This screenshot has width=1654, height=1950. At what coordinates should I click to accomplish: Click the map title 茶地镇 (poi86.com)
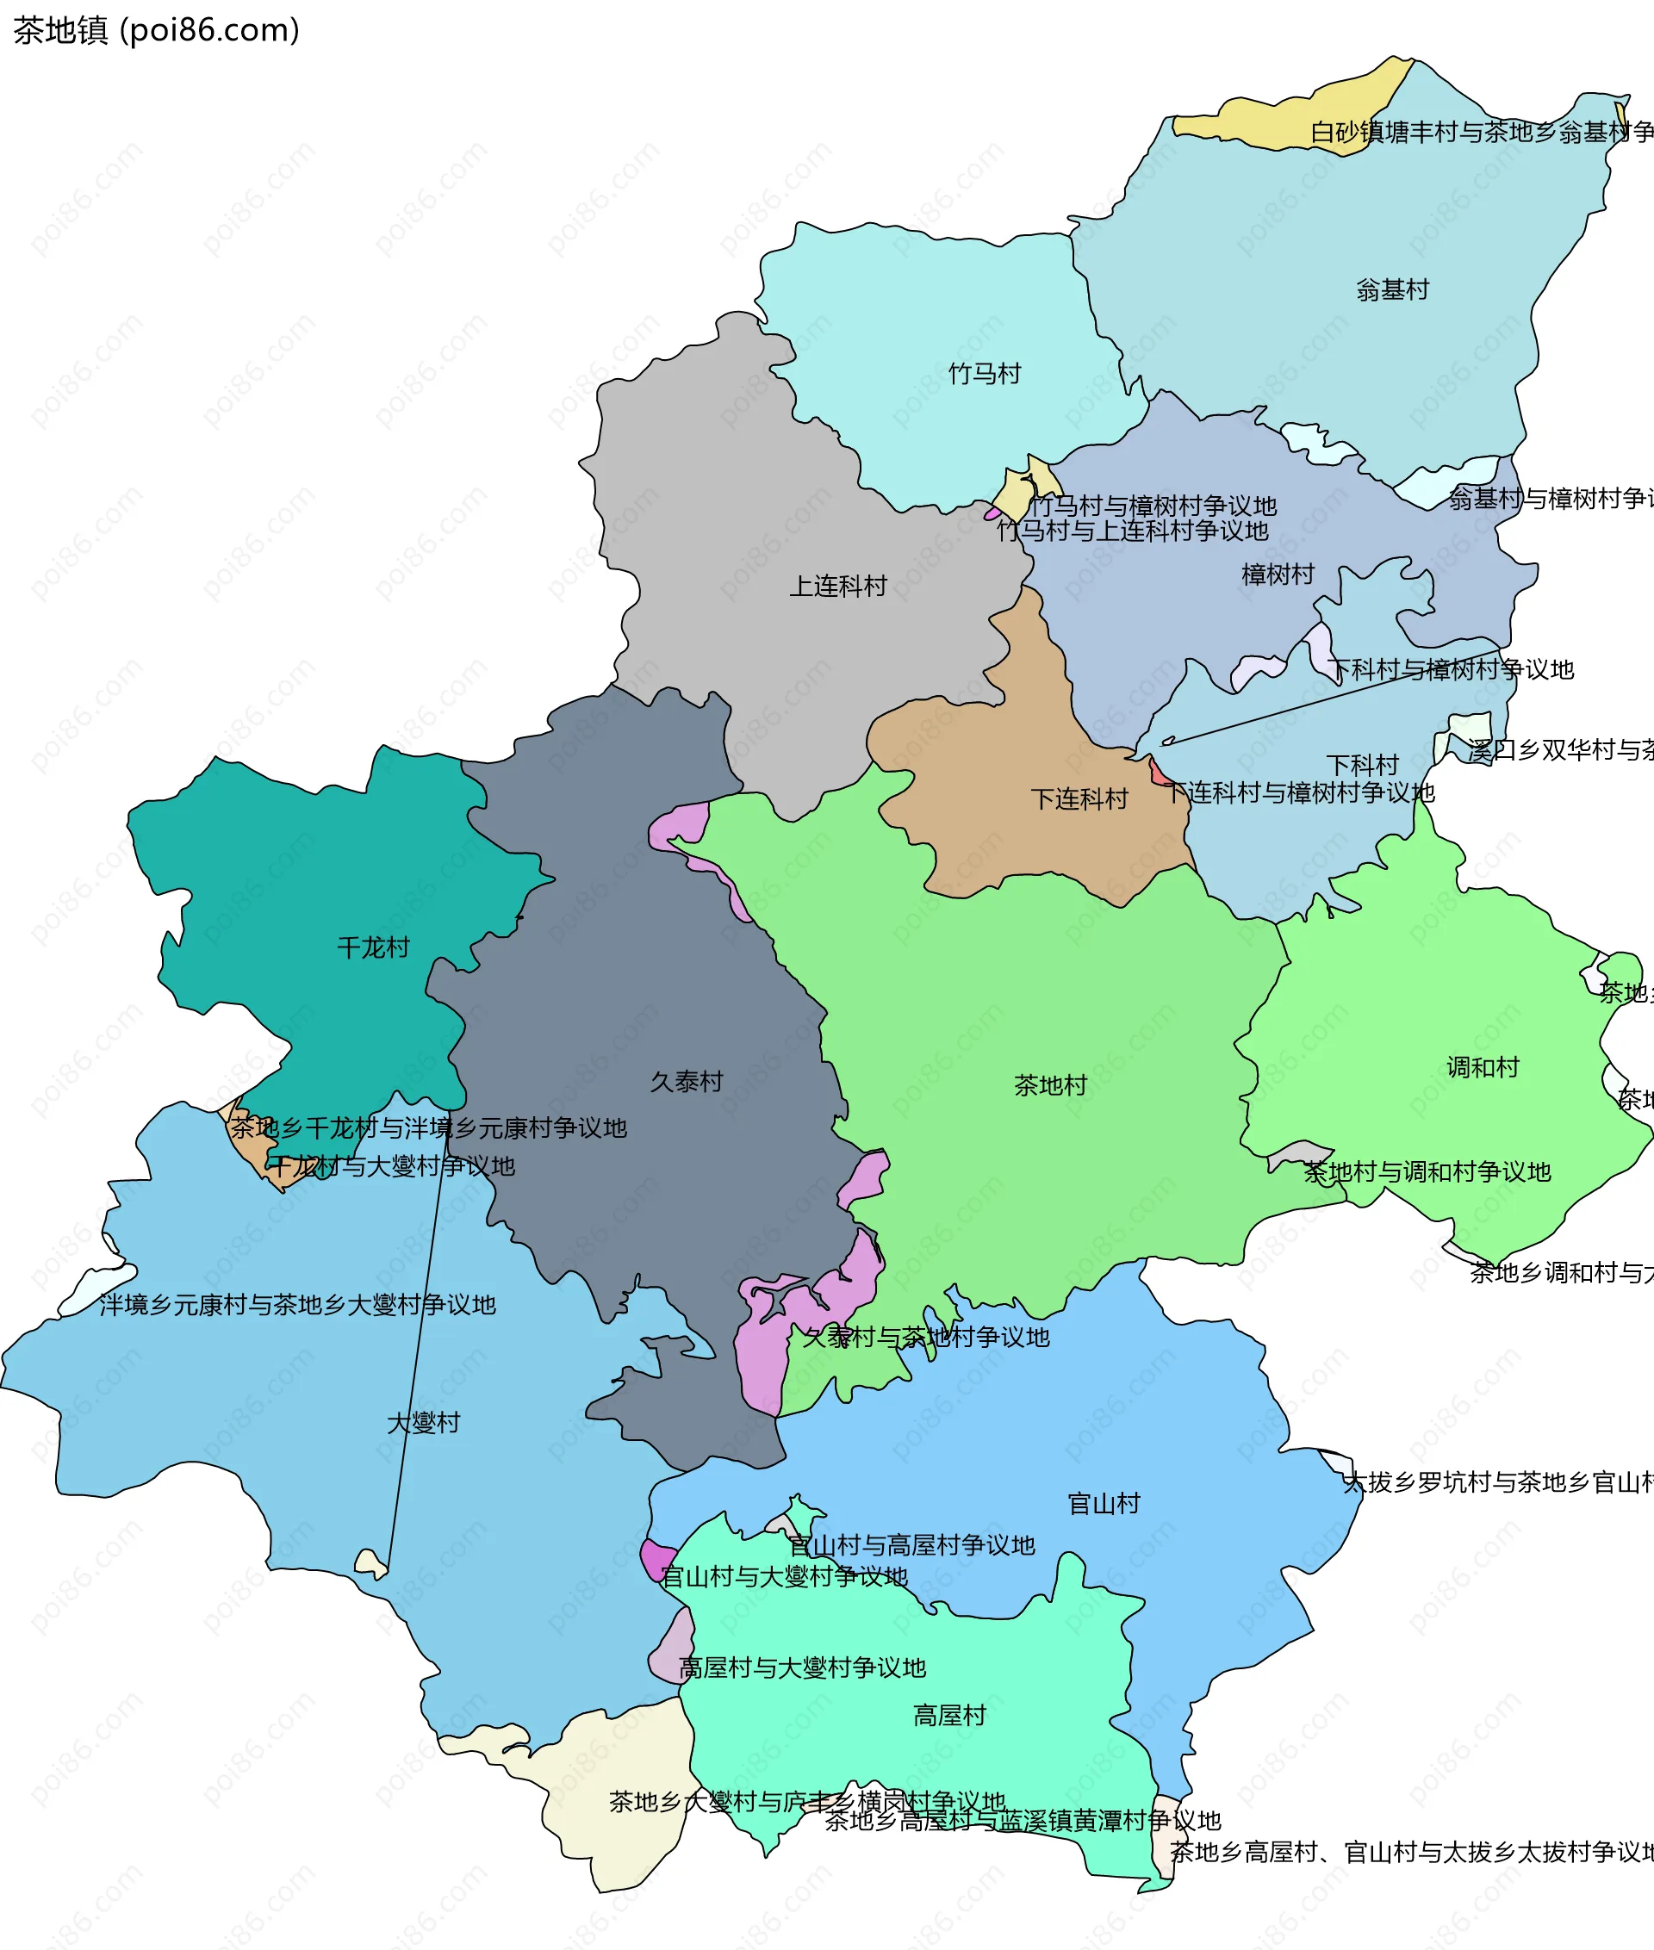(156, 30)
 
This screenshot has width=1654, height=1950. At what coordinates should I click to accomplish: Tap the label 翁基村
(1392, 289)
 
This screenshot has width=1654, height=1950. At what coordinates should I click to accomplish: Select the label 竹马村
(985, 373)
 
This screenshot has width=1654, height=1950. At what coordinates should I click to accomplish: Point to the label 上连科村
(838, 586)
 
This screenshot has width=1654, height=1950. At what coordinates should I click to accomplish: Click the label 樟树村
(1278, 574)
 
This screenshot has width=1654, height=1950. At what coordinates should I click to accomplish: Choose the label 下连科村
(1079, 798)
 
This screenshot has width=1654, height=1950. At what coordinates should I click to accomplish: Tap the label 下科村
(1362, 764)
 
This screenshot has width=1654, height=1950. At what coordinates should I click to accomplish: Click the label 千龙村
(373, 947)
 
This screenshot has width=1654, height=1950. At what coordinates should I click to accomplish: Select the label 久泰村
(687, 1081)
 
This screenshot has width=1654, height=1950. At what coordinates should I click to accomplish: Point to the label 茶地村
(1050, 1084)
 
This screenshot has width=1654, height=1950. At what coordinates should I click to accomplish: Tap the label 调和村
(1483, 1067)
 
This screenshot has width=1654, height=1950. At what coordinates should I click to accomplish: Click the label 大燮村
(424, 1422)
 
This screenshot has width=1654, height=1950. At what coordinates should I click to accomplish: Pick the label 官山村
(1104, 1503)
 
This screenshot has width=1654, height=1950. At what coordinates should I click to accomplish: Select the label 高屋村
(950, 1715)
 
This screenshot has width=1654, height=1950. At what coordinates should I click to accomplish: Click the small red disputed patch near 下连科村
(1159, 774)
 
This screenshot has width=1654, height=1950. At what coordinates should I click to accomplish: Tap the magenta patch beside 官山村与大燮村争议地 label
(656, 1559)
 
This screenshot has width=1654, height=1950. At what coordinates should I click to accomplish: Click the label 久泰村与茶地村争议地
(925, 1336)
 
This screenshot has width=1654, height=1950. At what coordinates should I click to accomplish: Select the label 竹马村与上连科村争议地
(1132, 531)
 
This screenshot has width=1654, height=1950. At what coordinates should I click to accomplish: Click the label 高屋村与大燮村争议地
(802, 1667)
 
